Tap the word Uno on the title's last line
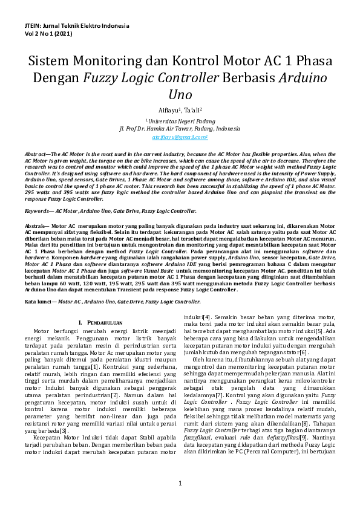click(180, 95)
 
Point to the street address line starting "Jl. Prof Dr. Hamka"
click(180, 129)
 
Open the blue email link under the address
click(180, 137)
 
